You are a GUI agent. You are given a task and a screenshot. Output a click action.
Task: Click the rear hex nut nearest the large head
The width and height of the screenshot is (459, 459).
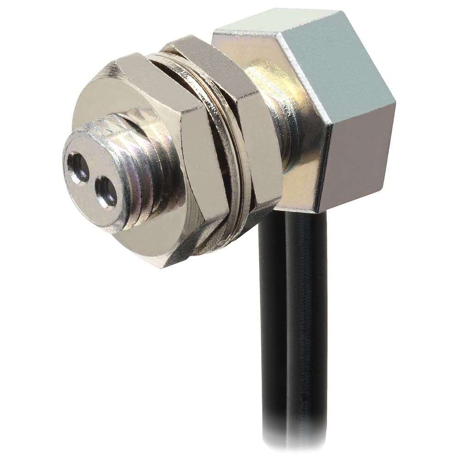[262, 138]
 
